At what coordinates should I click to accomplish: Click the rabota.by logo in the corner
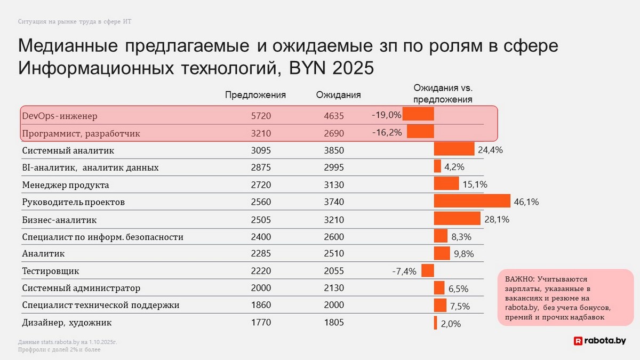click(599, 341)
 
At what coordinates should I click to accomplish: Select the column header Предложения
click(255, 95)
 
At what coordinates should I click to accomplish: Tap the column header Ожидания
click(338, 95)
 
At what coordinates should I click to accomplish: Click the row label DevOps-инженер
click(60, 116)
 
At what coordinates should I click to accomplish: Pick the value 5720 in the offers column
click(261, 116)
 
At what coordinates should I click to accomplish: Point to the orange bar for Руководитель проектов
click(472, 201)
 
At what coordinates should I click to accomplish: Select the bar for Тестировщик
click(428, 270)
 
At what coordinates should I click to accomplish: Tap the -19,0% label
click(387, 115)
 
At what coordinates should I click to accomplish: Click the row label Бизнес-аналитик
click(59, 220)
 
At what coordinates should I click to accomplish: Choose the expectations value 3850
click(334, 151)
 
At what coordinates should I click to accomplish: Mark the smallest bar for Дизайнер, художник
click(436, 323)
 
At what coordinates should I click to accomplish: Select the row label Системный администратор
click(81, 288)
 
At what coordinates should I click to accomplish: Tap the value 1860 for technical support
click(261, 306)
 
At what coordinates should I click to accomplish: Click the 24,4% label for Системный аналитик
click(490, 150)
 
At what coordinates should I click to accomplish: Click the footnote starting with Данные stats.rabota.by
click(67, 342)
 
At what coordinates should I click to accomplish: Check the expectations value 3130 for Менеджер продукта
click(334, 185)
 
